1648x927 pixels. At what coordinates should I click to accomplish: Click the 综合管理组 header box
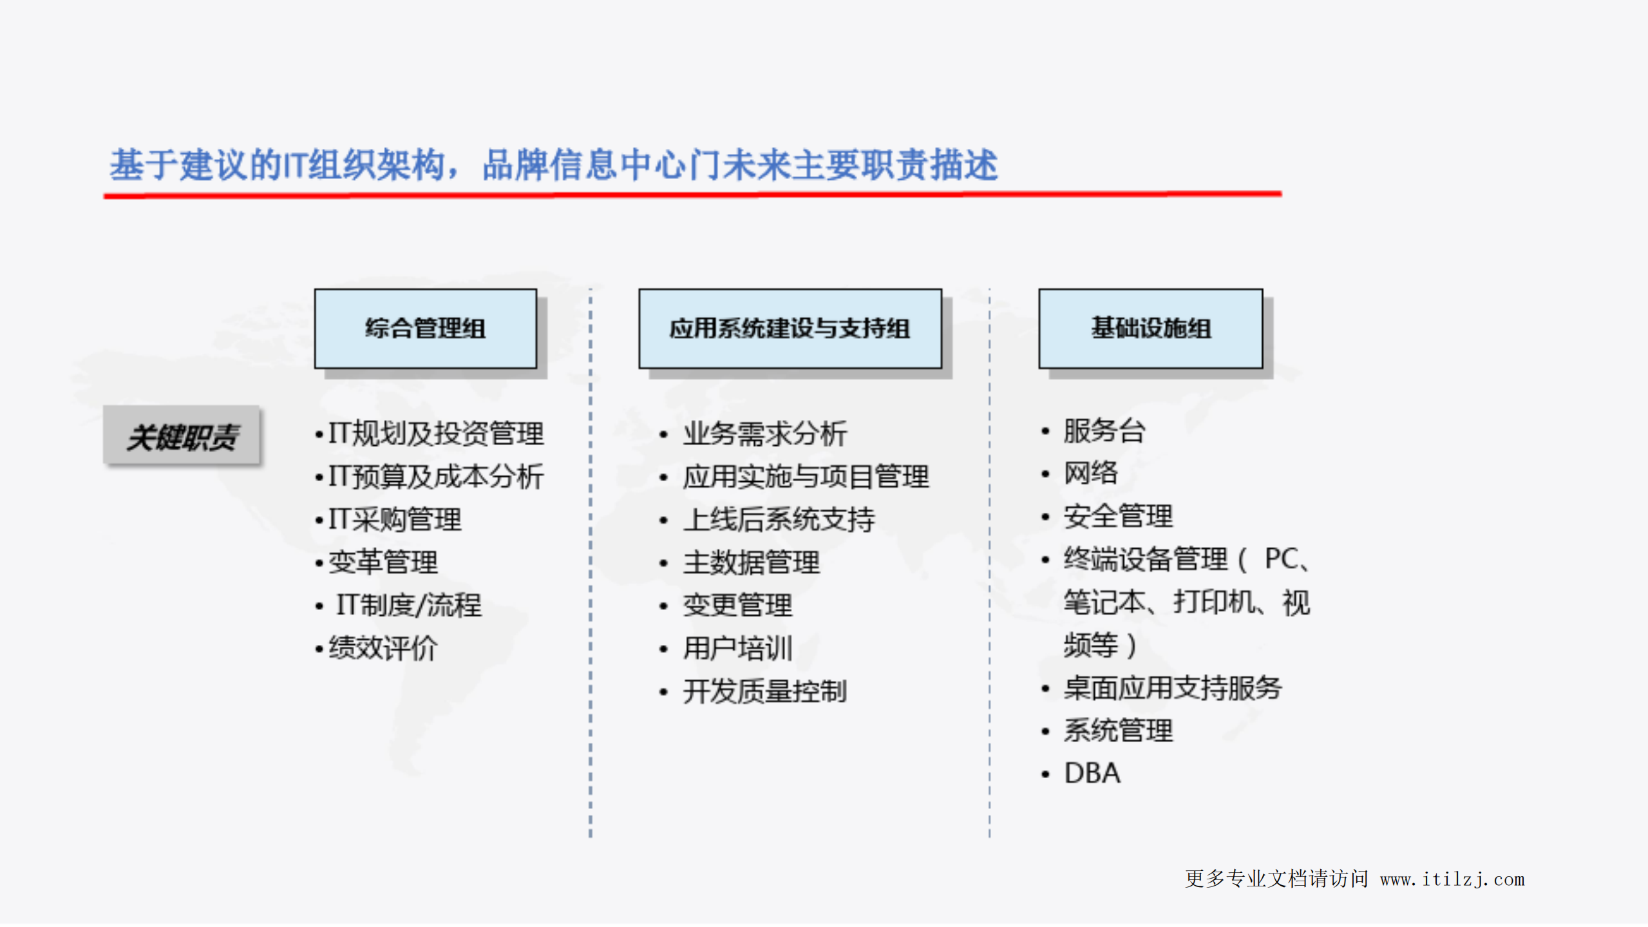[425, 329]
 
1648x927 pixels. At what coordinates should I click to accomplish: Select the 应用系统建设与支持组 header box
[790, 329]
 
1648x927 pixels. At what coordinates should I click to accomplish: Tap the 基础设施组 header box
[1150, 329]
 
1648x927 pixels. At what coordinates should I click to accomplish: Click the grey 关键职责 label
[182, 436]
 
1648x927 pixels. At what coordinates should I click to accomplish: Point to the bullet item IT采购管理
[395, 519]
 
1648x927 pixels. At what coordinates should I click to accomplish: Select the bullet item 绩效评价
[383, 648]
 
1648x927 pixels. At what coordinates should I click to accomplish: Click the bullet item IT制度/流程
[408, 605]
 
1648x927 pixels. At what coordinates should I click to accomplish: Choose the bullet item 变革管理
[383, 562]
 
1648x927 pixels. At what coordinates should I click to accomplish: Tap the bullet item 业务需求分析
[764, 434]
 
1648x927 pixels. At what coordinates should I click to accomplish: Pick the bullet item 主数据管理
[751, 562]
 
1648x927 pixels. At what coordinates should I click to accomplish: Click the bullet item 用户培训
[737, 648]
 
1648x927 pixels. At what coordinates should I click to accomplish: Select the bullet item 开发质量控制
[764, 691]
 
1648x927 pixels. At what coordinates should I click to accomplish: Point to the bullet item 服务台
[1104, 431]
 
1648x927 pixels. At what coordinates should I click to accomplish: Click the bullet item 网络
[1090, 473]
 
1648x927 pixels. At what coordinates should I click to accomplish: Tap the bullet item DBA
[1092, 773]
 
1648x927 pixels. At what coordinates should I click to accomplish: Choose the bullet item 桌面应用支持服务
[1172, 688]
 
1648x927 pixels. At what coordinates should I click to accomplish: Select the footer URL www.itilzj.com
[1452, 879]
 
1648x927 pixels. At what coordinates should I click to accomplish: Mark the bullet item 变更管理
[737, 605]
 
